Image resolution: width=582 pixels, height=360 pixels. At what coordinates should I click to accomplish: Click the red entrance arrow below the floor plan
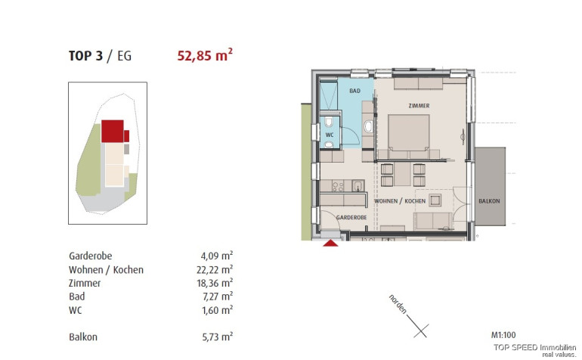pyautogui.click(x=330, y=243)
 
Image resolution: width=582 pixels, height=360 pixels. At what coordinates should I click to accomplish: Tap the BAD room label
pyautogui.click(x=354, y=91)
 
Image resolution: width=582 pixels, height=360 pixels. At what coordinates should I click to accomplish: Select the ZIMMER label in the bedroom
pyautogui.click(x=419, y=106)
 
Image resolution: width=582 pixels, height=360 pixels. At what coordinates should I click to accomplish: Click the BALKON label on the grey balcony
pyautogui.click(x=489, y=201)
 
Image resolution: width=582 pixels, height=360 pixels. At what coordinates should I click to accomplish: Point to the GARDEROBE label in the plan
pyautogui.click(x=351, y=217)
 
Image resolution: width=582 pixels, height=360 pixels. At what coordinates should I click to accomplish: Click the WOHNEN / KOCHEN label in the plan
pyautogui.click(x=400, y=201)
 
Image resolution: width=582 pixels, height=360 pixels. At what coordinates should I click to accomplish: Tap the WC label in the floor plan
pyautogui.click(x=330, y=135)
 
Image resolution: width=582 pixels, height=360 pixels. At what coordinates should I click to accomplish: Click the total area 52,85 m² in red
pyautogui.click(x=205, y=55)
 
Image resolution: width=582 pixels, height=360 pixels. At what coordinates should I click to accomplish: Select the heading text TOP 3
pyautogui.click(x=85, y=56)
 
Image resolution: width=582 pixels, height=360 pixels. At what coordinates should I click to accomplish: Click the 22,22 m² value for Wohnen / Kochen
pyautogui.click(x=215, y=269)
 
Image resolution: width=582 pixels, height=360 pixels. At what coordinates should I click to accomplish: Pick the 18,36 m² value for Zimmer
pyautogui.click(x=215, y=283)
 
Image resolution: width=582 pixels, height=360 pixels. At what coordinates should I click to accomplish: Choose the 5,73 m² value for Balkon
pyautogui.click(x=218, y=337)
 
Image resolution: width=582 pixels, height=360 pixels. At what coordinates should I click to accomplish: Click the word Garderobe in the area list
pyautogui.click(x=90, y=256)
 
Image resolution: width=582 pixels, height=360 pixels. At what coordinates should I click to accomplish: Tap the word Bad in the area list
pyautogui.click(x=77, y=296)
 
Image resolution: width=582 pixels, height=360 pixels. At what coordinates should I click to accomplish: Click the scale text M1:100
pyautogui.click(x=503, y=335)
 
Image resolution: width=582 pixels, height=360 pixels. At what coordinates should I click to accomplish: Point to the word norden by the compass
pyautogui.click(x=398, y=304)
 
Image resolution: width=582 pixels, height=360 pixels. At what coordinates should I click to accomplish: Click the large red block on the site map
pyautogui.click(x=113, y=131)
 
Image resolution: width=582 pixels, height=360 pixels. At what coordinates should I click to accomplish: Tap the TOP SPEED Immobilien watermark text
pyautogui.click(x=534, y=347)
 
